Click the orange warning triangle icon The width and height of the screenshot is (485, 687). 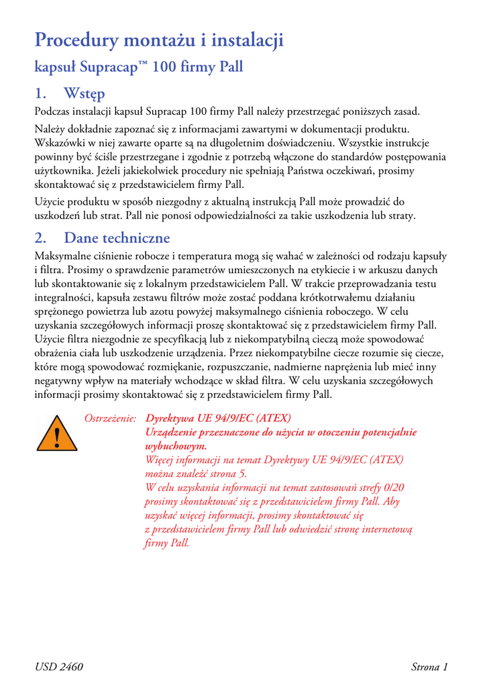coord(57,436)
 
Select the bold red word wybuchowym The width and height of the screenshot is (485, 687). coord(176,445)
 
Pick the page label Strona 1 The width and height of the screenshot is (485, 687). coord(429,666)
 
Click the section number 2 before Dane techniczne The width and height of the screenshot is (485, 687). coord(40,238)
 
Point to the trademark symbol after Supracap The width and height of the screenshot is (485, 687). coord(142,64)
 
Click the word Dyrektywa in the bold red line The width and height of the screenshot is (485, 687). coord(172,419)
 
